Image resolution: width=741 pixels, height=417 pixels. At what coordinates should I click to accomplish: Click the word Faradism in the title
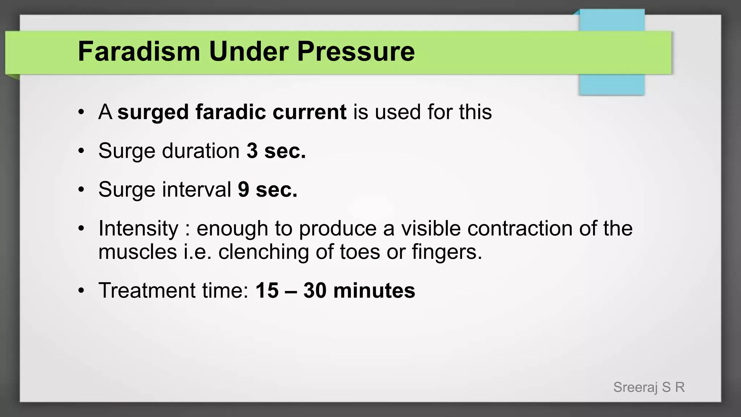click(139, 51)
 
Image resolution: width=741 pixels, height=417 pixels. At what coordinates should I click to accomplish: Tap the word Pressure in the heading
click(356, 51)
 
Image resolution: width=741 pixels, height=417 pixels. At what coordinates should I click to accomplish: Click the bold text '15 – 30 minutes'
click(335, 290)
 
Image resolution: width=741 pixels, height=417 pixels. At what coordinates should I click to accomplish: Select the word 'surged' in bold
click(153, 112)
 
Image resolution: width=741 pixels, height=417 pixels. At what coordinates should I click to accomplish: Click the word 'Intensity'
click(139, 228)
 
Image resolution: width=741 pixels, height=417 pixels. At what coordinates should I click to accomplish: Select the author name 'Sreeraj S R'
click(649, 387)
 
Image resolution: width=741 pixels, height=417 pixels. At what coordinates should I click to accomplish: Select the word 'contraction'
click(520, 228)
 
